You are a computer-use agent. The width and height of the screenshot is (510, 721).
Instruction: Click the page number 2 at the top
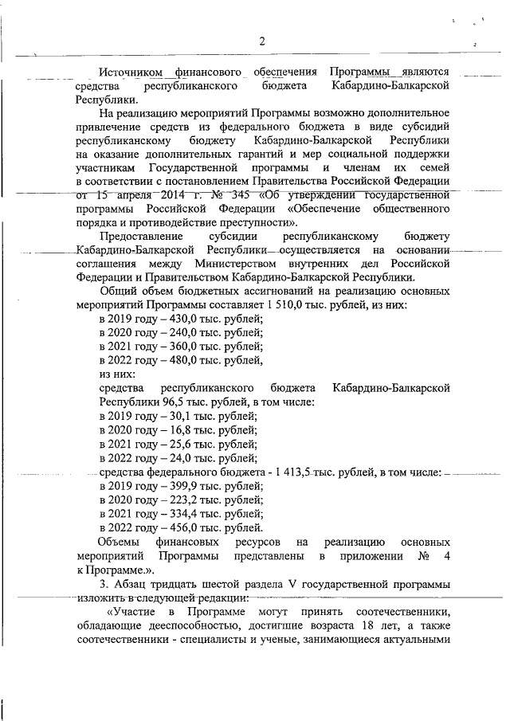(x=261, y=41)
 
